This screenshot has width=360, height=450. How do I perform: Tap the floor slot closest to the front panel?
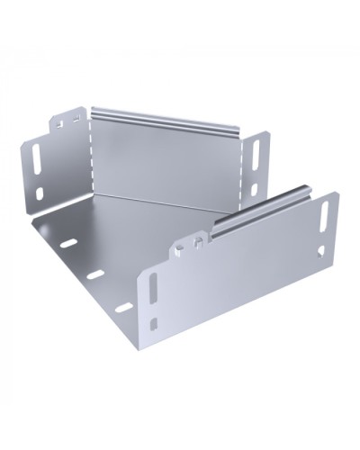point(121,307)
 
